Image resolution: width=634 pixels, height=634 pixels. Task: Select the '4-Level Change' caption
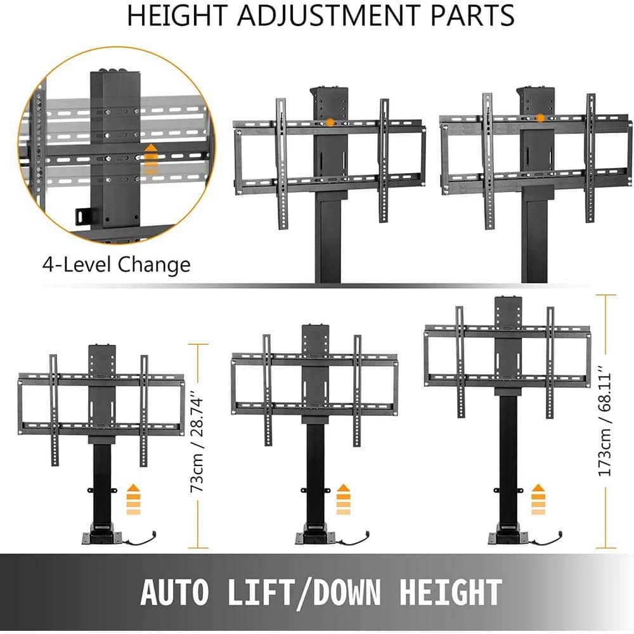tap(116, 264)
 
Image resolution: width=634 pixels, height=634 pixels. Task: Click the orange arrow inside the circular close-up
tap(151, 159)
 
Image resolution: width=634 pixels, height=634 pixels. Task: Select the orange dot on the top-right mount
tap(540, 118)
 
